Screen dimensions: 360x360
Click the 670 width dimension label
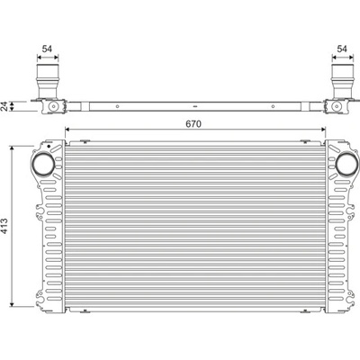(x=193, y=123)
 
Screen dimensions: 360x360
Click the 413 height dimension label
(x=5, y=226)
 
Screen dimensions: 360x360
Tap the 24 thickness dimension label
(x=4, y=106)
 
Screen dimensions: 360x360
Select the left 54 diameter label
(x=47, y=49)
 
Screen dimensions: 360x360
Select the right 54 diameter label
(x=342, y=49)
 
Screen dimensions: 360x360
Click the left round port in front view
(x=43, y=165)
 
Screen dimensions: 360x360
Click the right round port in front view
(x=347, y=165)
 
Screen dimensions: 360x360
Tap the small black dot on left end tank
(x=49, y=146)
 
